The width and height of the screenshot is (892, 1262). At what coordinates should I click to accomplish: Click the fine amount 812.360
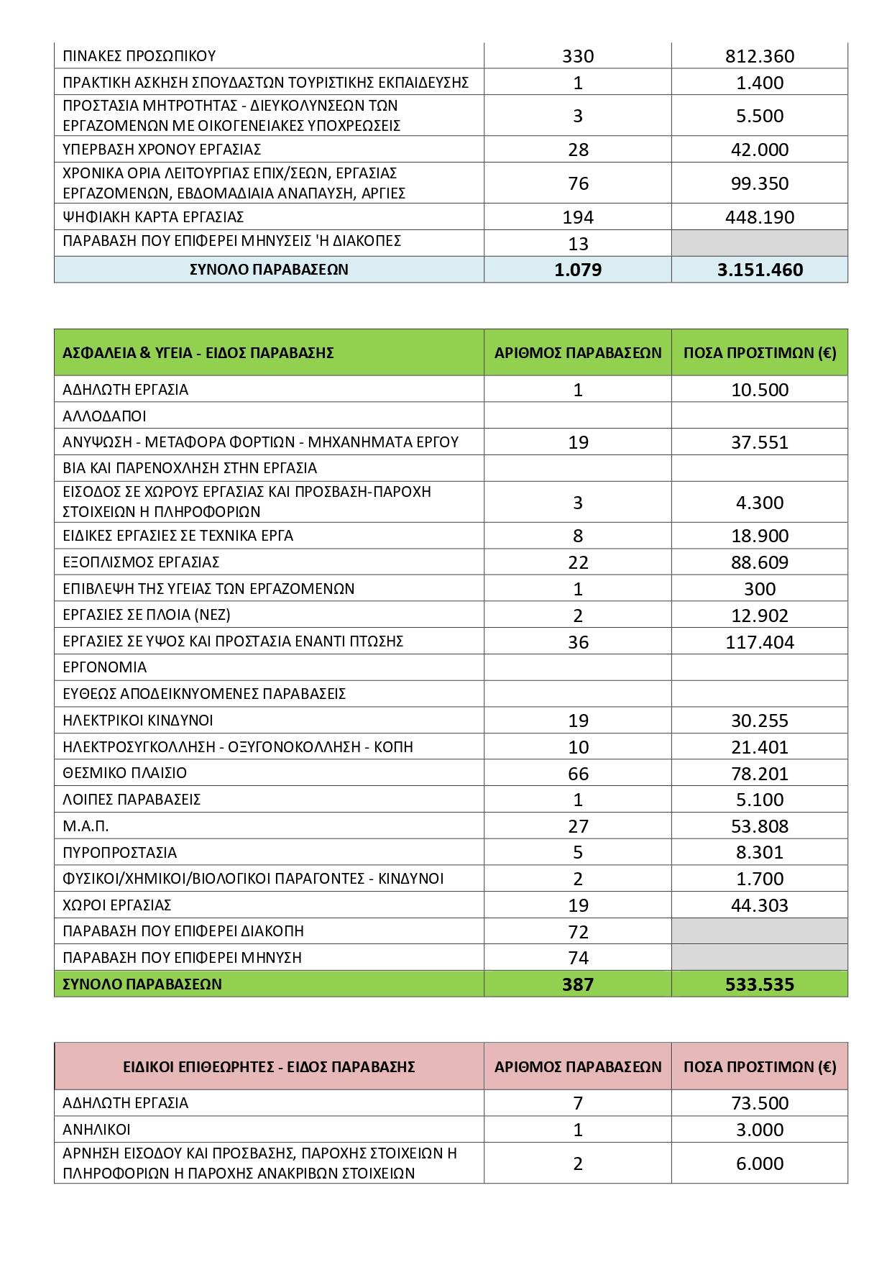[x=759, y=56]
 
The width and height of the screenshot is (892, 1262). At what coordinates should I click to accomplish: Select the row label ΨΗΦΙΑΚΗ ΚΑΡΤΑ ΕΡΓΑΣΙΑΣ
[x=153, y=217]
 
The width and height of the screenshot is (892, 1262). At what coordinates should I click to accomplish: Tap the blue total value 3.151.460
[x=760, y=270]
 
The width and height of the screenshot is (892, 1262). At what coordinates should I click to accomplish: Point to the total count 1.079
[x=578, y=270]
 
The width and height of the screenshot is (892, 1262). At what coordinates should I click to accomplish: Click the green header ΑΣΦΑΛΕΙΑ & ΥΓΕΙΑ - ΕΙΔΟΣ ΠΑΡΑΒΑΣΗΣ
[x=198, y=353]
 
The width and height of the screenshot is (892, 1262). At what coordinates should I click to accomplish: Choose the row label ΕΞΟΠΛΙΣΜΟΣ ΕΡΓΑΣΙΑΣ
[x=141, y=562]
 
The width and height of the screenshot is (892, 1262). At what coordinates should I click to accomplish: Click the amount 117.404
[x=759, y=642]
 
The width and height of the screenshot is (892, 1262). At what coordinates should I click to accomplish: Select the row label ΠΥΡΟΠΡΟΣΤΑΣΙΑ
[x=119, y=853]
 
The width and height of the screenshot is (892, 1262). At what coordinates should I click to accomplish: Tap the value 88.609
[x=759, y=562]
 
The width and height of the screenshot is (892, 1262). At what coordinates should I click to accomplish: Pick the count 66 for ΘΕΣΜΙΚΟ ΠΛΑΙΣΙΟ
[x=578, y=774]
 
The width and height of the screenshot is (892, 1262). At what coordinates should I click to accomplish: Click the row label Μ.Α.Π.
[x=86, y=826]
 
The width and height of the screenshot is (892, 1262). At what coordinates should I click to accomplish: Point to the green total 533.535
[x=759, y=984]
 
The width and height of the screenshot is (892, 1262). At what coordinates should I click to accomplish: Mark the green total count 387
[x=578, y=984]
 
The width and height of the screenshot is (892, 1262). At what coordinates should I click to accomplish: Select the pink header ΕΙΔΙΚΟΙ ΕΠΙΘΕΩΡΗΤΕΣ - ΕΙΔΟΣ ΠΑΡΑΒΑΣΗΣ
[x=269, y=1066]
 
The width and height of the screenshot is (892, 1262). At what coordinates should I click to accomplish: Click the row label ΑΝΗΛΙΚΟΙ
[x=96, y=1130]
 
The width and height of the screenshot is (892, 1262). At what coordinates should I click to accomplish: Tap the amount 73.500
[x=759, y=1103]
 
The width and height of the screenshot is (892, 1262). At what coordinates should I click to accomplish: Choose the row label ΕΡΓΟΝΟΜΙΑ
[x=105, y=667]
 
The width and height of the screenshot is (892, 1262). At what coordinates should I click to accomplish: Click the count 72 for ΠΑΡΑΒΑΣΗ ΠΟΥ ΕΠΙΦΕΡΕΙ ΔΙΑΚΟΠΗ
[x=578, y=932]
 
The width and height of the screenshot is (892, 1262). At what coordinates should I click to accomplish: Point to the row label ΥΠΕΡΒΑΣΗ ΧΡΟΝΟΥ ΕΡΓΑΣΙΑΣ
[x=162, y=150]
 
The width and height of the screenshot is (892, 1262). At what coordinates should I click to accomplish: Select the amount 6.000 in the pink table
[x=759, y=1163]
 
